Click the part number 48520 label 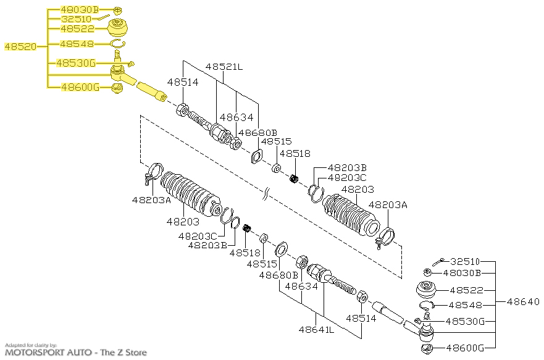[x=20, y=46]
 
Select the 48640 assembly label [x=523, y=302]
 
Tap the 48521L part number [x=224, y=66]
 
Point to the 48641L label [x=316, y=330]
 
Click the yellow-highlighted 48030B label [x=80, y=10]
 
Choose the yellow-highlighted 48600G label [x=80, y=87]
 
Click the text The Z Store [x=123, y=353]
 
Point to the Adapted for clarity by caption [x=31, y=345]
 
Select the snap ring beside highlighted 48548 [x=117, y=43]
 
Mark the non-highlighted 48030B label [x=473, y=273]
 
